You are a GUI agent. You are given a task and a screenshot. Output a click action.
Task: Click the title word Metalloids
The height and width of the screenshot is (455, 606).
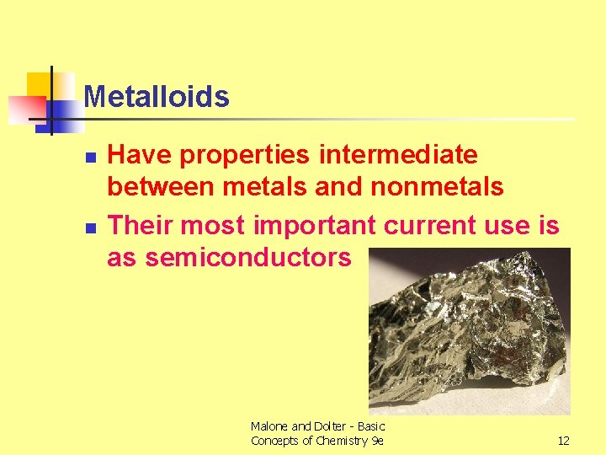[157, 97]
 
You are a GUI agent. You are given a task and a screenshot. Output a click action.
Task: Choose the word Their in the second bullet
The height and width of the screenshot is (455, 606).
[141, 226]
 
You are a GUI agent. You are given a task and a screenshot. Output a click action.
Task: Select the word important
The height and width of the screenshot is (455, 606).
[317, 226]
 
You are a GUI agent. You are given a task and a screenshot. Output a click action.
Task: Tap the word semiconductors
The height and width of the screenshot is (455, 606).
[248, 257]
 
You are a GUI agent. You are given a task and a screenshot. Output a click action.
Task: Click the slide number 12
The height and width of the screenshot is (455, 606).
[562, 441]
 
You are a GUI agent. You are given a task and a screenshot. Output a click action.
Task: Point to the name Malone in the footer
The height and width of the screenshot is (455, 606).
[269, 426]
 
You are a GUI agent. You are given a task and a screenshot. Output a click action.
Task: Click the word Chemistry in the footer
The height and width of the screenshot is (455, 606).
[337, 441]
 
